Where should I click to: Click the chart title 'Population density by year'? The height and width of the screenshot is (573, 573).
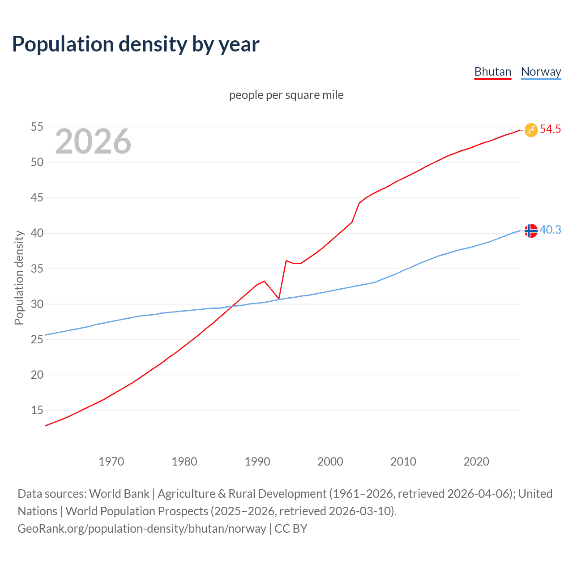pyautogui.click(x=136, y=44)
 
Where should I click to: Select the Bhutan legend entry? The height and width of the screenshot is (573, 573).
pyautogui.click(x=492, y=72)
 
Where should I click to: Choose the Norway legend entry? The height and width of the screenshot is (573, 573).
pyautogui.click(x=541, y=72)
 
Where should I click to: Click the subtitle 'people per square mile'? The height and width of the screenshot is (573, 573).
pyautogui.click(x=286, y=95)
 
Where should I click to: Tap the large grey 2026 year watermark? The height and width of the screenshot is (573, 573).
pyautogui.click(x=93, y=141)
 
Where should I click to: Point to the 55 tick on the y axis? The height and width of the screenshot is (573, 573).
pyautogui.click(x=37, y=127)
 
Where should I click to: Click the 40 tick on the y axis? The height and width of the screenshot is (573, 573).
pyautogui.click(x=37, y=233)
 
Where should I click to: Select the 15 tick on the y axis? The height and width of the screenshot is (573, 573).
pyautogui.click(x=37, y=410)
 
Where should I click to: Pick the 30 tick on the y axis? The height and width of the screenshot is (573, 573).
pyautogui.click(x=37, y=304)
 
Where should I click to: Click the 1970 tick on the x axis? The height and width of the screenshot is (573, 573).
pyautogui.click(x=111, y=462)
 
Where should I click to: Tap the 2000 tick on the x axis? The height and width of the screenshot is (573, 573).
pyautogui.click(x=330, y=462)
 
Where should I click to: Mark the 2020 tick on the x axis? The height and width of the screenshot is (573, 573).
pyautogui.click(x=476, y=462)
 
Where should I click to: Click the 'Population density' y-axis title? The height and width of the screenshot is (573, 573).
pyautogui.click(x=19, y=278)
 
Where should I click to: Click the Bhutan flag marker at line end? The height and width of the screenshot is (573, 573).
pyautogui.click(x=531, y=130)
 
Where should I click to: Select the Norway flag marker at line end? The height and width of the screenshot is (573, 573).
pyautogui.click(x=531, y=231)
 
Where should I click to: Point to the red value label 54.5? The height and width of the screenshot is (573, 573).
pyautogui.click(x=550, y=129)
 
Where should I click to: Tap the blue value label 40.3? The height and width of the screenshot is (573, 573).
pyautogui.click(x=550, y=230)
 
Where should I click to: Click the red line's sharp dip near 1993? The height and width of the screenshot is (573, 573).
pyautogui.click(x=279, y=298)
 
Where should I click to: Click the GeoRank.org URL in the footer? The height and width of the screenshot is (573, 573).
pyautogui.click(x=141, y=529)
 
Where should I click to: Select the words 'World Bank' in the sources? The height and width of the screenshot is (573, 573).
pyautogui.click(x=119, y=494)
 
